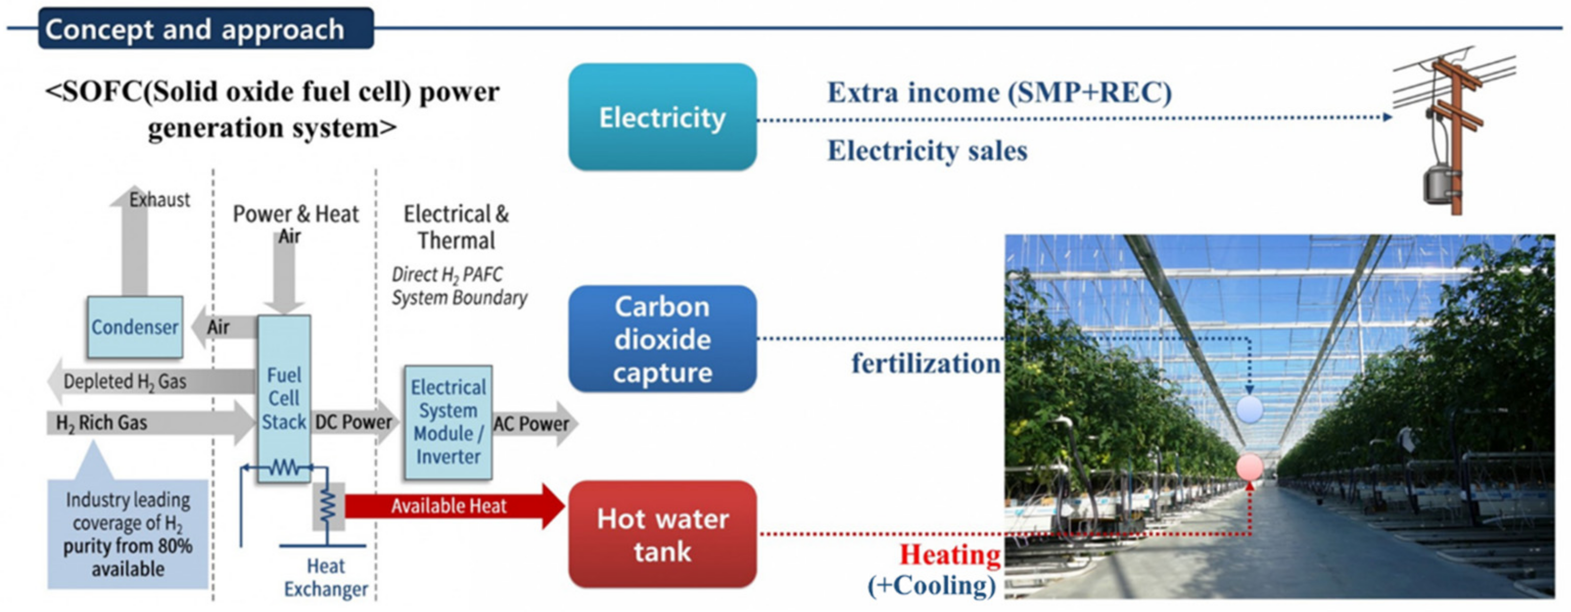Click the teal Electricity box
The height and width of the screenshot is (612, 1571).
point(662,117)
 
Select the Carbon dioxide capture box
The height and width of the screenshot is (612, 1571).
point(662,339)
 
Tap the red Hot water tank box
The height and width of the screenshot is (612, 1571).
point(662,534)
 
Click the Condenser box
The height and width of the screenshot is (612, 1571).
point(135,327)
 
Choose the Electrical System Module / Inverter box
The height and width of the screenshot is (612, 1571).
point(448,422)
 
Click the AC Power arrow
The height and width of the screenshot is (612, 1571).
point(533,424)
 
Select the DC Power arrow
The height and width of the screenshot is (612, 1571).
point(354,422)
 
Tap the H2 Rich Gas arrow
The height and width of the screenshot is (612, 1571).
point(140,423)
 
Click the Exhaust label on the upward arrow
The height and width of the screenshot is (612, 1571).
point(159,200)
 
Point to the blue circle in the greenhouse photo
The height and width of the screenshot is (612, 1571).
point(1250,410)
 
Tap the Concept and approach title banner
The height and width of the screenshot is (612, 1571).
point(206,29)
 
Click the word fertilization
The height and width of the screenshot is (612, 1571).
point(925,364)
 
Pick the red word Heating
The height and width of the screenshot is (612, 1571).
point(950,555)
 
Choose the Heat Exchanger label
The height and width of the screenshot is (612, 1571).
point(325,578)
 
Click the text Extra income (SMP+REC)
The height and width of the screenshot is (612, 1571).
point(999,93)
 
